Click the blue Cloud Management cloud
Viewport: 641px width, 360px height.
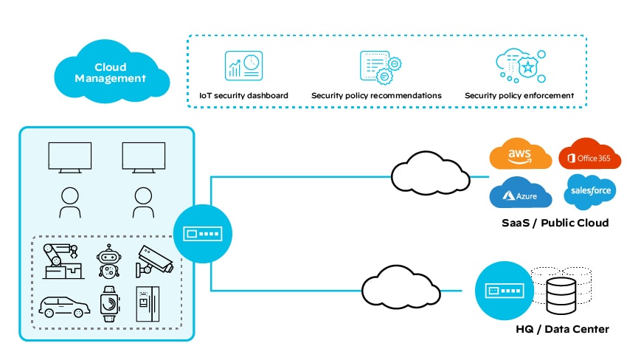point(111,72)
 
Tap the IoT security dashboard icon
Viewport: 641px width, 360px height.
point(243,66)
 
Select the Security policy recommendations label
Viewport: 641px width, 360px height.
point(376,96)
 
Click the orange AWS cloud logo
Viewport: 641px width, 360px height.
point(521,156)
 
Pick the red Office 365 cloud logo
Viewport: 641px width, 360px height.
point(589,156)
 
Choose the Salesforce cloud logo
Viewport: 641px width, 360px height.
point(589,192)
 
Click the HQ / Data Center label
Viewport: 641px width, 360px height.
point(562,329)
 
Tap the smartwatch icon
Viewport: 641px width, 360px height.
point(108,303)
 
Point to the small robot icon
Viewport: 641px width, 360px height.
point(108,261)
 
